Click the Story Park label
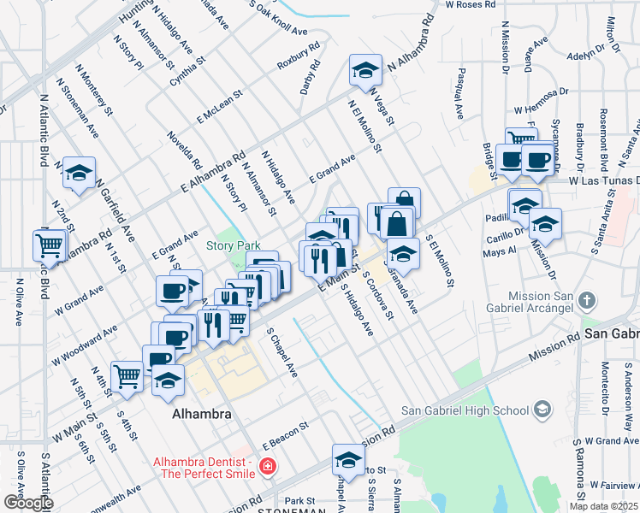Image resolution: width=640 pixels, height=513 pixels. click(x=233, y=245)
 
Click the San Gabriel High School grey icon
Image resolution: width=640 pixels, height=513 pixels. click(x=542, y=410)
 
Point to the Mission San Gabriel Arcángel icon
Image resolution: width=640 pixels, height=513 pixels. click(x=586, y=301)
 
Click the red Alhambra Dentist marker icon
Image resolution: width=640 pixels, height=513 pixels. click(x=268, y=467)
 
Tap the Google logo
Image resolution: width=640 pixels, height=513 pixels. click(x=27, y=502)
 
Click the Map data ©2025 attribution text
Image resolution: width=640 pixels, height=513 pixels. click(x=603, y=506)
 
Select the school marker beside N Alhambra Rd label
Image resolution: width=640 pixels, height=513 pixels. click(x=365, y=71)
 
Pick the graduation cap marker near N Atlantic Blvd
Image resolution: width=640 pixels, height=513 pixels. click(x=79, y=173)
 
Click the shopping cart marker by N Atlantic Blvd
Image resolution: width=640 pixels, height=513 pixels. click(x=49, y=245)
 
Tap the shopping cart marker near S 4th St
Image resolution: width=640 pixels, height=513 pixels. click(x=127, y=374)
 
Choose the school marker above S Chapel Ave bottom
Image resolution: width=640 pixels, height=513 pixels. click(x=347, y=460)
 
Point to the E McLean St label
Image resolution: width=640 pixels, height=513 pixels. click(x=221, y=110)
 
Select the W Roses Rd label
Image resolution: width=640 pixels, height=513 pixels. click(x=471, y=5)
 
